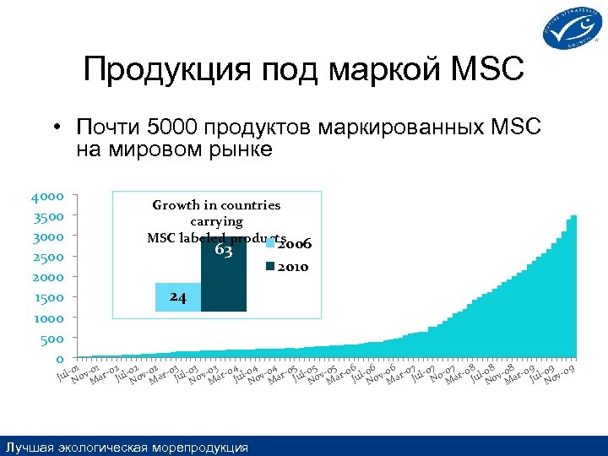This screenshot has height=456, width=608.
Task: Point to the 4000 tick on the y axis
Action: point(47,197)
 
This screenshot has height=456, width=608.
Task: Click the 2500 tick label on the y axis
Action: point(47,257)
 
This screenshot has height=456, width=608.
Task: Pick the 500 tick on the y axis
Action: point(52,339)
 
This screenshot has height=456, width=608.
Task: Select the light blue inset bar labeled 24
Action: point(178,297)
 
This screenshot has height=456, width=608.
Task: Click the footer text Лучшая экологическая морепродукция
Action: point(127,447)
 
